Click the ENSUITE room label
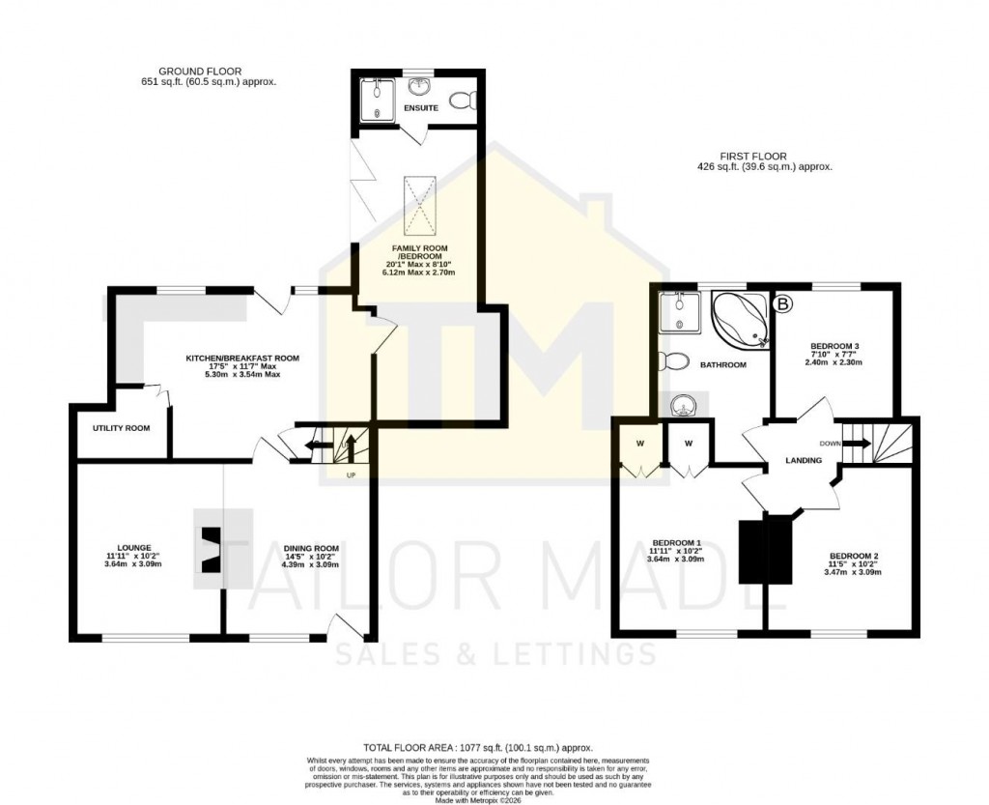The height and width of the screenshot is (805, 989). (x=422, y=108)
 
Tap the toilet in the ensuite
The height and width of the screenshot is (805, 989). (x=464, y=100)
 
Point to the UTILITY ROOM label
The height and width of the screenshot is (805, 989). (x=122, y=428)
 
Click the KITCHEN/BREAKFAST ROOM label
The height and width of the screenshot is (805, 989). (x=242, y=359)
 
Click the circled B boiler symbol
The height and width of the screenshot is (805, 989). (x=783, y=305)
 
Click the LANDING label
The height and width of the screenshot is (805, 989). (x=803, y=460)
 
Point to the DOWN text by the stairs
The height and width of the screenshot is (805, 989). (x=829, y=444)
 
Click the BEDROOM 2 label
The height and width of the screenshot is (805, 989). (x=854, y=556)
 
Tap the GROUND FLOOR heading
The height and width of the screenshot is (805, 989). (x=200, y=72)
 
